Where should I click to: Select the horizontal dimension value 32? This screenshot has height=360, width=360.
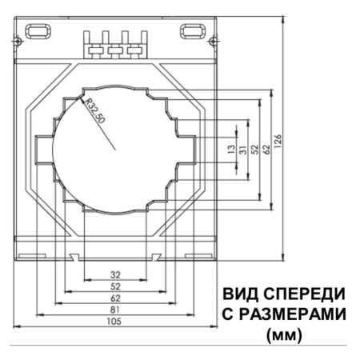pos(115,274)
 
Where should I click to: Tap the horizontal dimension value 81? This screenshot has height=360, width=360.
pos(115,310)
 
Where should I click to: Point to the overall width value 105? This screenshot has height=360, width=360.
pos(114,322)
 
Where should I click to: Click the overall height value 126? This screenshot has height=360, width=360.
pos(278,142)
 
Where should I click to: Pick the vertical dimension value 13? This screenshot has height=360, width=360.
pos(231,149)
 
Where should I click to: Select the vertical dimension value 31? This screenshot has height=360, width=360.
pos(243,150)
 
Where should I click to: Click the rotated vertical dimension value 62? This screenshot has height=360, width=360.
pos(266,150)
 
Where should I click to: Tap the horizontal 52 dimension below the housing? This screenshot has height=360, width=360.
pos(115,286)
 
